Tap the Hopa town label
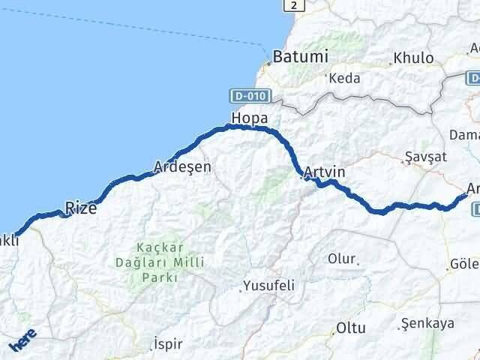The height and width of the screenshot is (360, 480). (249, 118)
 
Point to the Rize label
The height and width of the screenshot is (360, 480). (80, 208)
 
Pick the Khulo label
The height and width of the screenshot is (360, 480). (414, 58)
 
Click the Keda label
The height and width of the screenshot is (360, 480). (345, 78)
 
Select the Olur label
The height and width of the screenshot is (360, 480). (341, 259)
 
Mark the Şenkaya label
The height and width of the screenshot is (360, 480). (428, 323)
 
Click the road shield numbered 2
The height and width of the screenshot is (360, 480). (295, 5)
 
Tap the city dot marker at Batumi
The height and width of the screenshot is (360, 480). (268, 63)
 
